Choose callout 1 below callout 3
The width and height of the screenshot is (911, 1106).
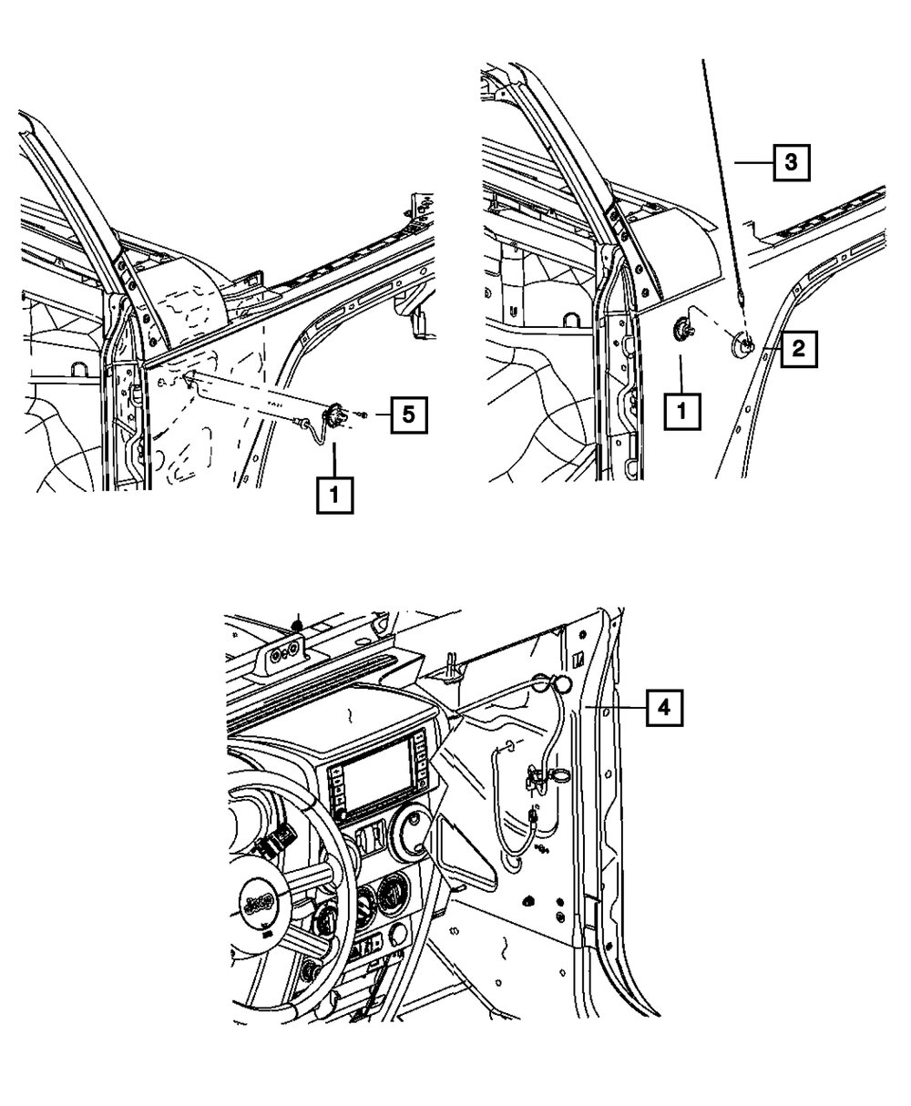point(683,414)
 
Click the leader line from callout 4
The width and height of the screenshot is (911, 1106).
point(619,706)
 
